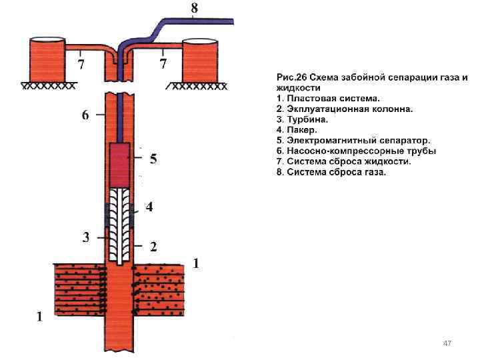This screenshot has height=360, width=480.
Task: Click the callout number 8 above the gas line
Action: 194,9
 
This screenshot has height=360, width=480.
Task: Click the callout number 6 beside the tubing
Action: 85,115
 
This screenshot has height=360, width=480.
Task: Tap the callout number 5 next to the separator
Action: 153,159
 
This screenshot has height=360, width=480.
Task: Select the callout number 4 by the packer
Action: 149,207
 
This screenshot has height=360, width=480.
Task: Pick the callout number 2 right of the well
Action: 153,247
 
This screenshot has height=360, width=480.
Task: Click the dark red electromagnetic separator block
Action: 121,164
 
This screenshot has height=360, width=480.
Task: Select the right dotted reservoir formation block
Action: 159,288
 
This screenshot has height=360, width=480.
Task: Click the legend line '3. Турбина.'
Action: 303,119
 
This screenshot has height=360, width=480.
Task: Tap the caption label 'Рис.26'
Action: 293,77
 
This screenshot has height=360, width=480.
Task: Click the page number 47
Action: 447,343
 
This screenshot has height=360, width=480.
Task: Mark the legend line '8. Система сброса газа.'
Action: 331,172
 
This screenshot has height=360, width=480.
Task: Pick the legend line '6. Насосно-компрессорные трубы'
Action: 356,151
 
